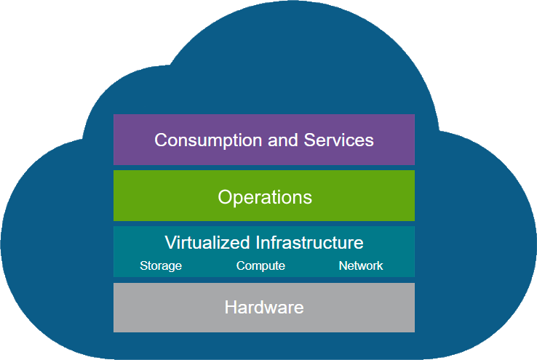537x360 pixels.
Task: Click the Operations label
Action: [265, 197]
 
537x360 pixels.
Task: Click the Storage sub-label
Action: [161, 266]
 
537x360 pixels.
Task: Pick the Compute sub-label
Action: [260, 266]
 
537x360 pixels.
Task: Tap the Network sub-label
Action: [361, 266]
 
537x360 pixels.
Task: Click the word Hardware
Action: [264, 308]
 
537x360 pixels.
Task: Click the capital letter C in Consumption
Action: [161, 140]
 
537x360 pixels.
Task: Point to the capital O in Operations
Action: [224, 197]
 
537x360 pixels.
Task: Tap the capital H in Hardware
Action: [231, 308]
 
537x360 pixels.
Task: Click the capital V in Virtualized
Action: [170, 242]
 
